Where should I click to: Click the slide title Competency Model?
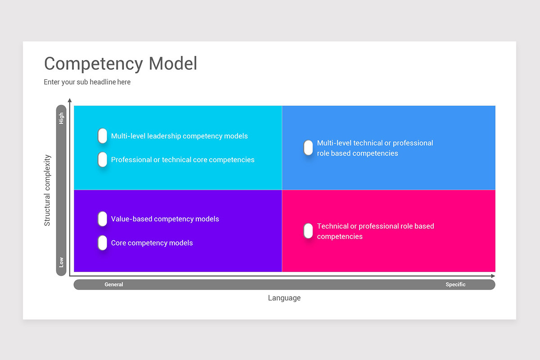[121, 63]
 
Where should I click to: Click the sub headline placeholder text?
[87, 82]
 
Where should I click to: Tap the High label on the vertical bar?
[61, 118]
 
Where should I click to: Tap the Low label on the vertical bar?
[61, 262]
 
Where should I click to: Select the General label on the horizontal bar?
[114, 284]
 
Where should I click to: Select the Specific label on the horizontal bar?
[455, 284]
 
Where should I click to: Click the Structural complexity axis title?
[47, 190]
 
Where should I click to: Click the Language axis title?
[284, 298]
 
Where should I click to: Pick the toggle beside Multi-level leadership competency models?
[103, 135]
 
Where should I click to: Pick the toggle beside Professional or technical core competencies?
[103, 159]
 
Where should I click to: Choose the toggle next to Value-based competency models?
[103, 219]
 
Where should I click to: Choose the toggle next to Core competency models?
[103, 243]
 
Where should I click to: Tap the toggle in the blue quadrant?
[308, 148]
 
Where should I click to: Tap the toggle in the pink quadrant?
[308, 231]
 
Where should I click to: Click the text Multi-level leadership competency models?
[179, 136]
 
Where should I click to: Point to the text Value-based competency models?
[165, 219]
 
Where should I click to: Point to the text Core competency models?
[152, 243]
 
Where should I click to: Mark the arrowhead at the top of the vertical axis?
[69, 100]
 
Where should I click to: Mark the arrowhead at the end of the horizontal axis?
[493, 275]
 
